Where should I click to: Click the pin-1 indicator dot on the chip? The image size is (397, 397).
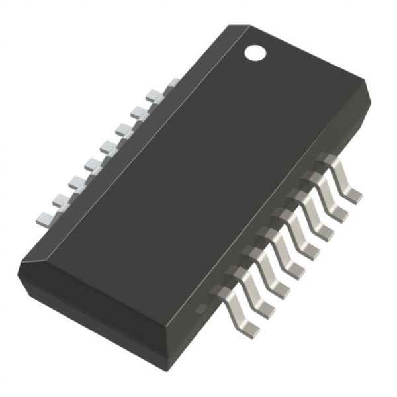pyautogui.click(x=254, y=52)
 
